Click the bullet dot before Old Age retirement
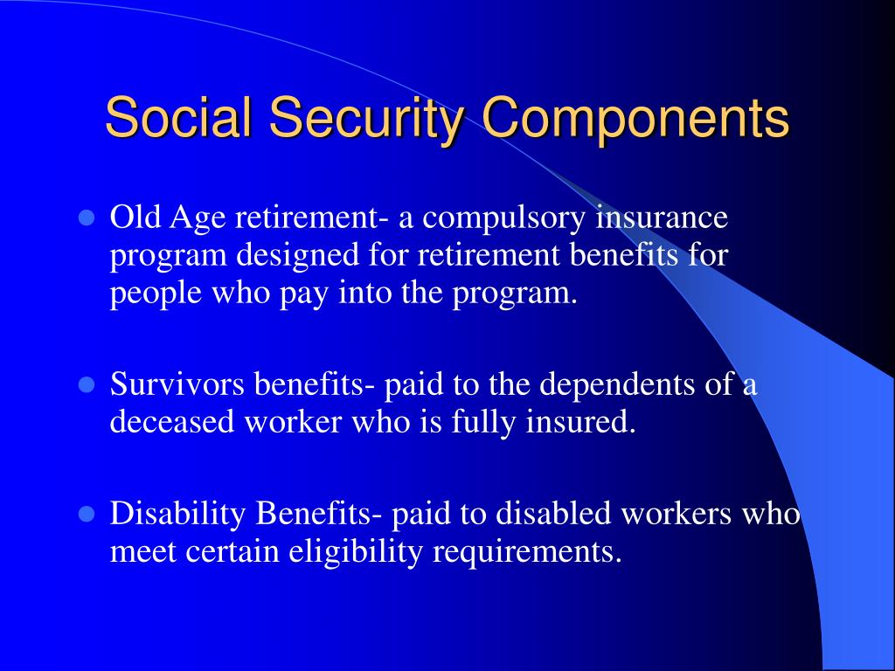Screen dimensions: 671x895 86,218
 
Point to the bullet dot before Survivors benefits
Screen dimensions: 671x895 86,385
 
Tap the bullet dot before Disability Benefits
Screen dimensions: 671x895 86,515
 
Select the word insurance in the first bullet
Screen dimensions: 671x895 662,218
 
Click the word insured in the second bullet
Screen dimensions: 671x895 579,423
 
